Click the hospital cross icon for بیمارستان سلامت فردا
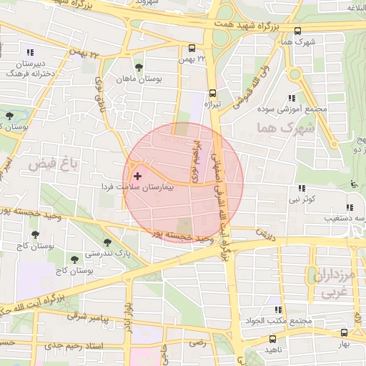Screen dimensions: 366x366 coord(138,176)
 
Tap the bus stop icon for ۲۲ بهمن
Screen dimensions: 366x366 coord(191,49)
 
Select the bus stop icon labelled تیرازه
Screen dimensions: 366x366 coord(212,93)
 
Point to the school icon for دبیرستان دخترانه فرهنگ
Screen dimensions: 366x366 coord(29,52)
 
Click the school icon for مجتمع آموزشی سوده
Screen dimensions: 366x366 coord(291,98)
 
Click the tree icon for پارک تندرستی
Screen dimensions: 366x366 coord(107,242)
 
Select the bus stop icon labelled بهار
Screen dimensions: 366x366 coord(345,332)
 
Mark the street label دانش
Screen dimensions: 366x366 coord(265,234)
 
